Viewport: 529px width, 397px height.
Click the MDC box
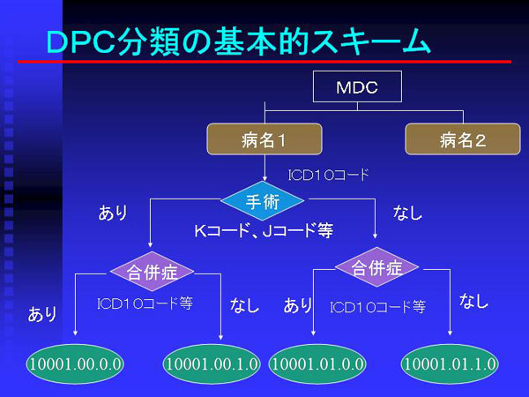tap(357, 86)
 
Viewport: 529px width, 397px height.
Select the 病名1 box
tap(264, 139)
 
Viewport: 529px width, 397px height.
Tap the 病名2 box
tap(463, 139)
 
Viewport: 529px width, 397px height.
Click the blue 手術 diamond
tap(263, 201)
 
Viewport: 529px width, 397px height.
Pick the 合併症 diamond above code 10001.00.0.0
tap(153, 271)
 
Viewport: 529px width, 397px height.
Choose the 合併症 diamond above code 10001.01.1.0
tap(376, 267)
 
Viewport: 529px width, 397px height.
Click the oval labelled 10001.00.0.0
tap(75, 363)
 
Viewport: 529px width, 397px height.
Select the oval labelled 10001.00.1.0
tap(212, 363)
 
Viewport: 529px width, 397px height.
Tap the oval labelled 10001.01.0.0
tap(317, 363)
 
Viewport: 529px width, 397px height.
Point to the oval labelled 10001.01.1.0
tap(450, 363)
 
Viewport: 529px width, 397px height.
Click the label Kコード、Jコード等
tap(264, 230)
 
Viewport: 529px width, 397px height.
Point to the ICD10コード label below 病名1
tap(328, 175)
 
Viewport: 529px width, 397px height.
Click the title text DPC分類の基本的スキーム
tap(238, 41)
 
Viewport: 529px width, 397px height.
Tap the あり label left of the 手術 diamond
tap(113, 213)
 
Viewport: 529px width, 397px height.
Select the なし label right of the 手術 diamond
tap(407, 213)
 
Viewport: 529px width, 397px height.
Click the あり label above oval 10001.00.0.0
tap(42, 314)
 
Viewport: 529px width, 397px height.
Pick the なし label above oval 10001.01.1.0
tap(473, 301)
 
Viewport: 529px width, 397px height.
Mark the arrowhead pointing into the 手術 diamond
tap(264, 178)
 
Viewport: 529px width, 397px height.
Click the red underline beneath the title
tap(264, 62)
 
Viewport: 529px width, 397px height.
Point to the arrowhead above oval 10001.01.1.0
tap(450, 333)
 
